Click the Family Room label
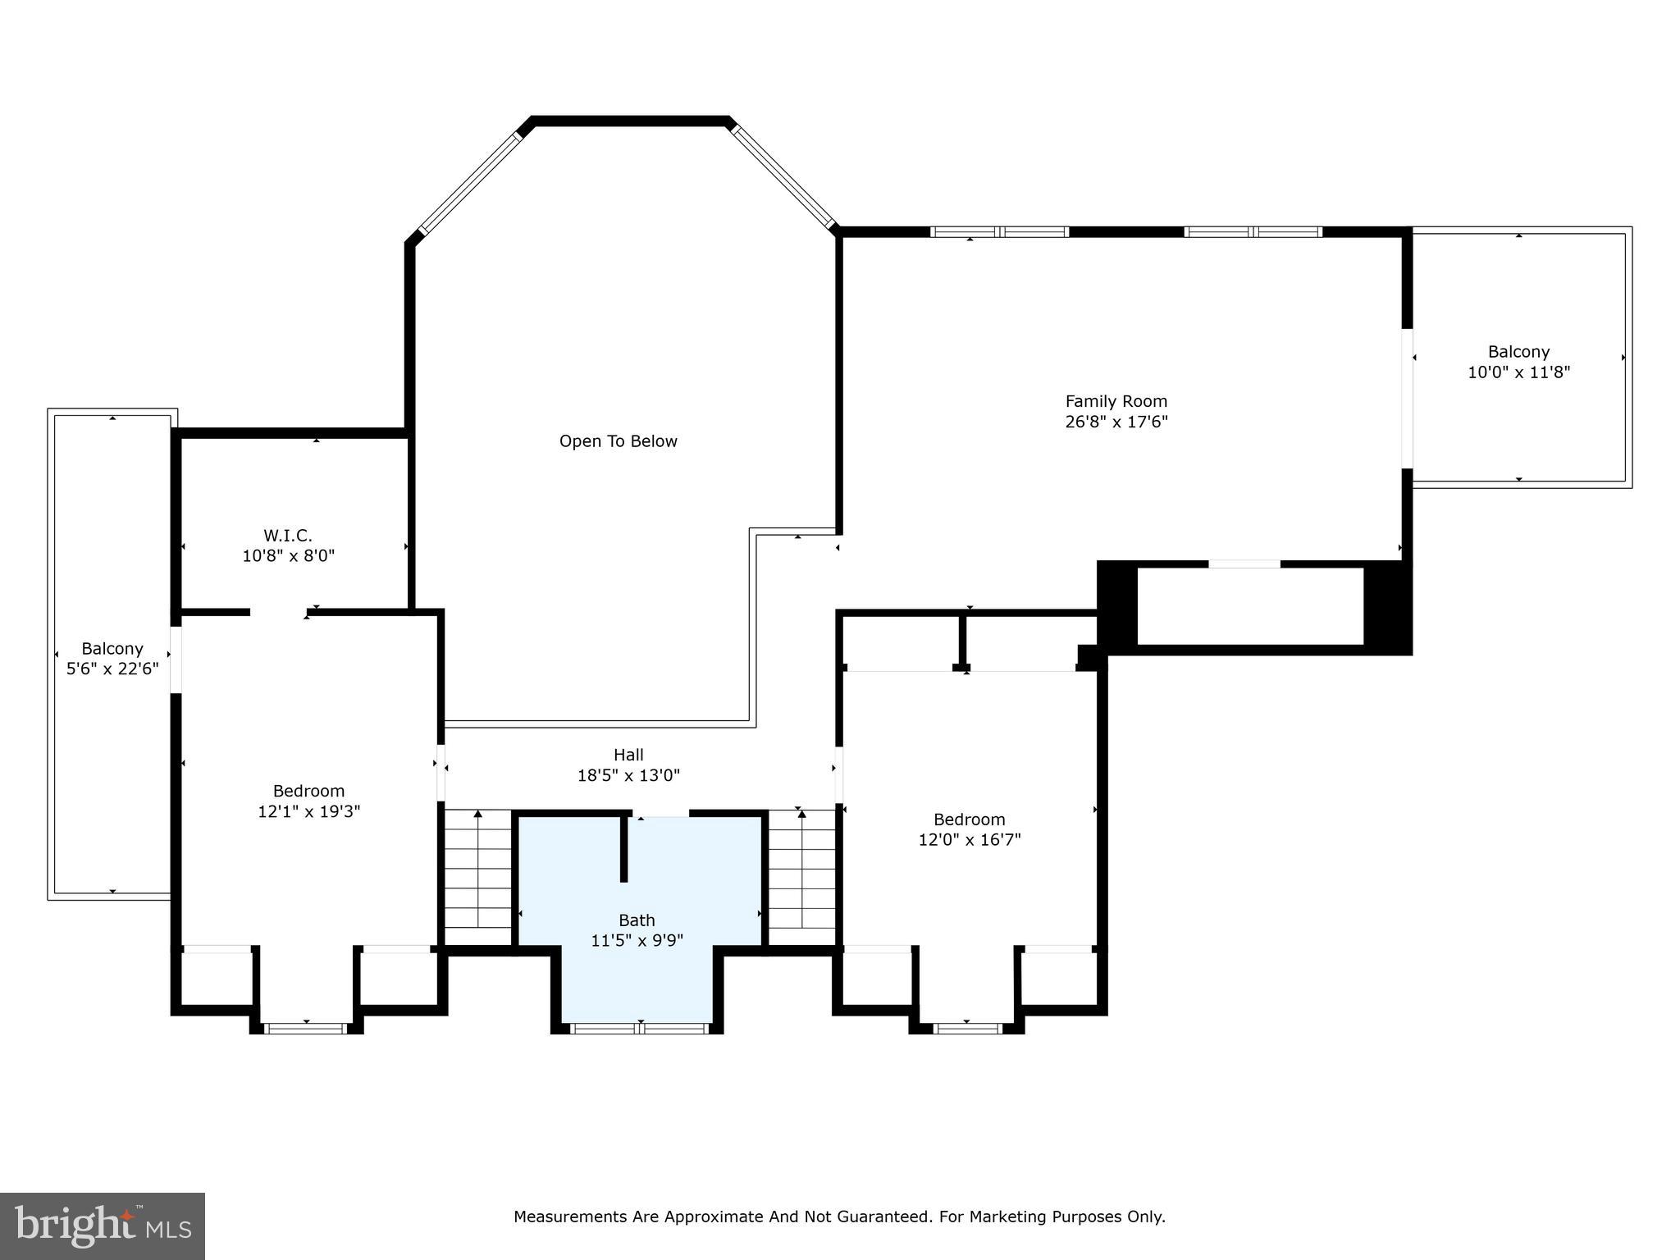click(x=1116, y=401)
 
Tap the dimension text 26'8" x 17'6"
click(x=1116, y=422)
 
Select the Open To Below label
click(x=618, y=441)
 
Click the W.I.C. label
click(x=288, y=536)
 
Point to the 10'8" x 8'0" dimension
click(x=288, y=556)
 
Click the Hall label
click(x=628, y=755)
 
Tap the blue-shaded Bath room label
click(x=637, y=920)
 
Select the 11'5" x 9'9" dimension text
click(x=637, y=941)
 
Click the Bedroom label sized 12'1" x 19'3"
click(x=308, y=791)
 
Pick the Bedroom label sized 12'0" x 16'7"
click(x=969, y=819)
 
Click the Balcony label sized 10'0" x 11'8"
click(x=1518, y=352)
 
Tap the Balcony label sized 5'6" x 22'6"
click(x=112, y=649)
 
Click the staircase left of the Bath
click(x=477, y=878)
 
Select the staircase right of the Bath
click(x=801, y=878)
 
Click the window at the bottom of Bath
click(x=639, y=1029)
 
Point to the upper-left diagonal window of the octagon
click(x=470, y=183)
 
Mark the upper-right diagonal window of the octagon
click(x=783, y=175)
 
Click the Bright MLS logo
click(x=103, y=1226)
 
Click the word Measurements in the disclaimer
click(x=569, y=1217)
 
